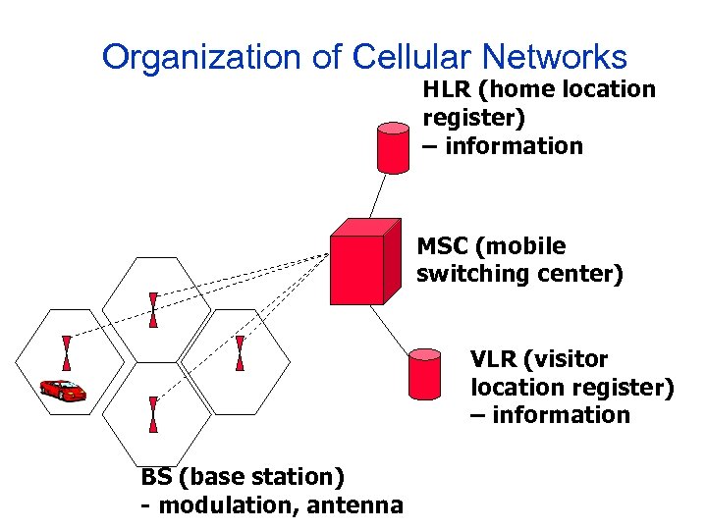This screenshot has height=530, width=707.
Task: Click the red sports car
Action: [63, 390]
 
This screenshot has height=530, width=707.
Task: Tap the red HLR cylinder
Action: [394, 147]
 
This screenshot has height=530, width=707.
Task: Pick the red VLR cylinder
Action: [425, 374]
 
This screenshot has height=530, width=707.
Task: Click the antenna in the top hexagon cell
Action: [153, 310]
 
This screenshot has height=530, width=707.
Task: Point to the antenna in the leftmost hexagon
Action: [67, 352]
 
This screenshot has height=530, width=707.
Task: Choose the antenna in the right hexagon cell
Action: [240, 352]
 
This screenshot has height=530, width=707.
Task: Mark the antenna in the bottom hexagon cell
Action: [153, 414]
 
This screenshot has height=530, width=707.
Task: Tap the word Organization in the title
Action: [203, 58]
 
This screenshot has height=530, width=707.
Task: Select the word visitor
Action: [568, 359]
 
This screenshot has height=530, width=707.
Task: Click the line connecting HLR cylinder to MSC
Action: [381, 194]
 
